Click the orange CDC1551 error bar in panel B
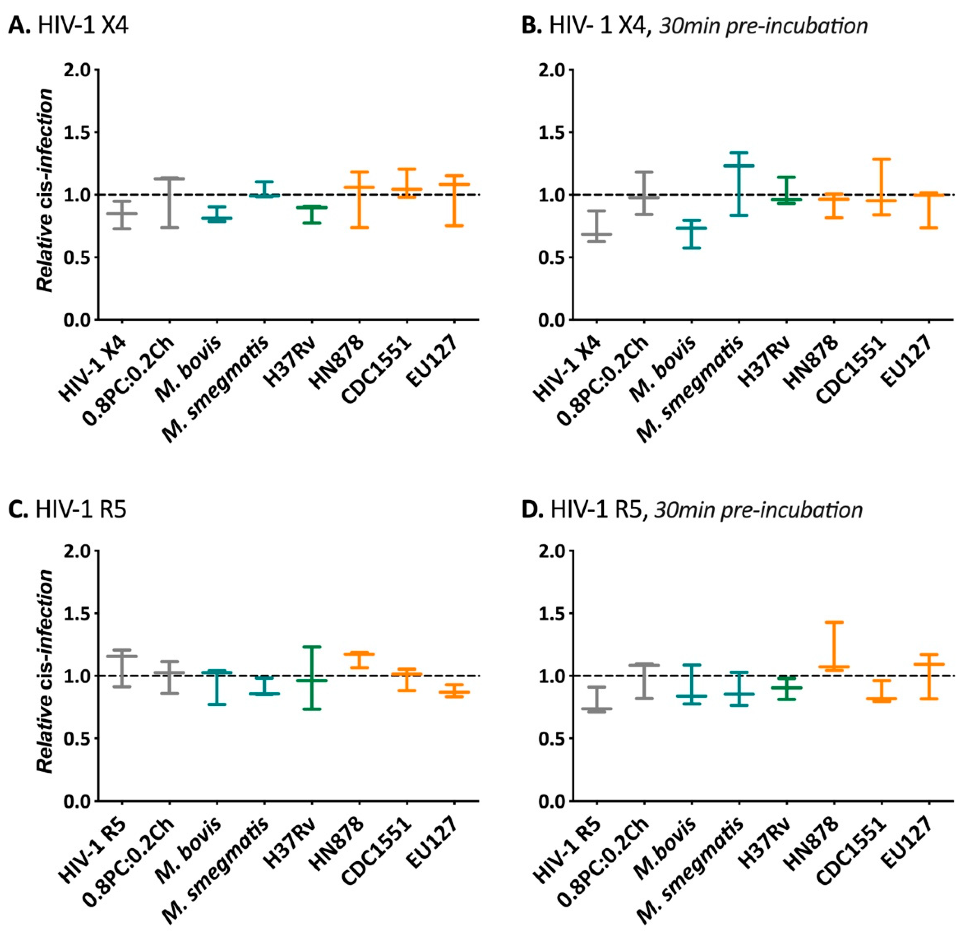click(881, 187)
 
